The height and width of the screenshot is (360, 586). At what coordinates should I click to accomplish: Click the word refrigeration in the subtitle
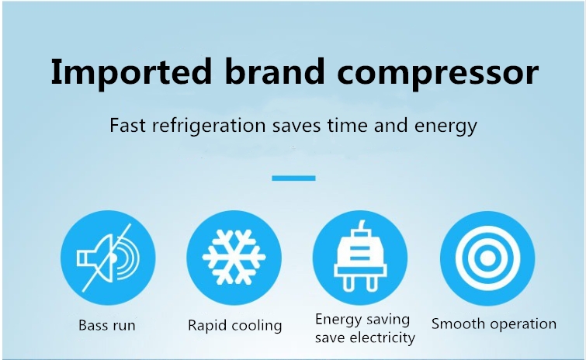tap(209, 126)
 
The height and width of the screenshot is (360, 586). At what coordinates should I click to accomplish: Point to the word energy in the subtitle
tap(446, 127)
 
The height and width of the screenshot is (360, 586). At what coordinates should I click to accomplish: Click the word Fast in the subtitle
tap(127, 125)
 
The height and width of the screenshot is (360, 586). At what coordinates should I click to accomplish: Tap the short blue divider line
tap(293, 178)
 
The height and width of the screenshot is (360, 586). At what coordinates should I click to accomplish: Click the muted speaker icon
tap(108, 258)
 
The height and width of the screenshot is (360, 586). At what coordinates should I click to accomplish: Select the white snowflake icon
tap(234, 258)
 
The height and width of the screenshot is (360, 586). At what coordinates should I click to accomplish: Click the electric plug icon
tap(360, 257)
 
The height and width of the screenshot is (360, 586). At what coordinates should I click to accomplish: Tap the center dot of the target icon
tap(487, 258)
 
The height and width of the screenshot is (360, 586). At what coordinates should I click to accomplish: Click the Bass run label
tap(107, 325)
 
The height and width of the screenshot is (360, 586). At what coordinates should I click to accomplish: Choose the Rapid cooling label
tap(234, 325)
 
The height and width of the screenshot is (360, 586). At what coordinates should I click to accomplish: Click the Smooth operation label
tap(494, 324)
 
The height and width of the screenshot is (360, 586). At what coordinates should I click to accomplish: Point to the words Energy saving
tap(362, 320)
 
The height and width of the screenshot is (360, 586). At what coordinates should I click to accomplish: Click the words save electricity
tap(365, 337)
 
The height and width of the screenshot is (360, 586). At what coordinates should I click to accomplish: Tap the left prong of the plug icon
tap(348, 283)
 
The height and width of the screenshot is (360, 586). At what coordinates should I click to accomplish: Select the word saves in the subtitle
tap(296, 126)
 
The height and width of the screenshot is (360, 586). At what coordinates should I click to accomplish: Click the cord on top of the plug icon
tap(361, 226)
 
